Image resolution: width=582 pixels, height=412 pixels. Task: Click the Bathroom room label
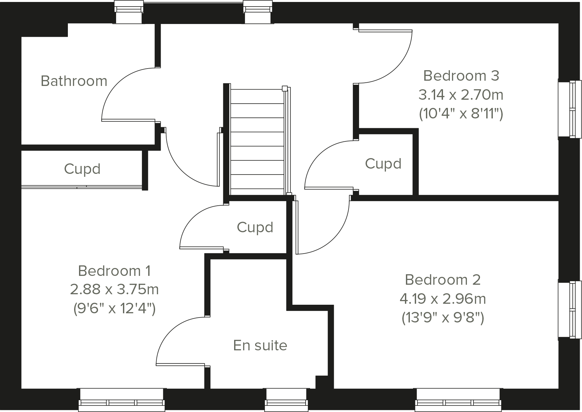(x=74, y=81)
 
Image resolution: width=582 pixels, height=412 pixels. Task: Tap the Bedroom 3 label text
(x=461, y=76)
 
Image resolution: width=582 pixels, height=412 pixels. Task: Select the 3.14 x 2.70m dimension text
(x=461, y=95)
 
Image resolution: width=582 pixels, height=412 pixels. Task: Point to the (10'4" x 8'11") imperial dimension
(x=461, y=114)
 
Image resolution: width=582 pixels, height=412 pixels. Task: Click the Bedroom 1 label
(x=114, y=271)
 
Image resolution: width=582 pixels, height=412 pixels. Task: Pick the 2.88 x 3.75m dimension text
(x=114, y=290)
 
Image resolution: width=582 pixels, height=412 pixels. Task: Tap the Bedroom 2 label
(x=443, y=280)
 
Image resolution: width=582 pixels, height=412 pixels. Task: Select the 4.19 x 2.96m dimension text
(x=443, y=299)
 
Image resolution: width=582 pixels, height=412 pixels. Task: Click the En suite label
(x=260, y=345)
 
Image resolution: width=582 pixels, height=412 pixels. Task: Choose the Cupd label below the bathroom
(x=82, y=169)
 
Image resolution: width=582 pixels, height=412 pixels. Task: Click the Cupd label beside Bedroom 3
(x=383, y=164)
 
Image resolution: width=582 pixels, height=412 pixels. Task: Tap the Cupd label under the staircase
(x=255, y=227)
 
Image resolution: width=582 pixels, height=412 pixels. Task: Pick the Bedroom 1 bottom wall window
(x=122, y=399)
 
